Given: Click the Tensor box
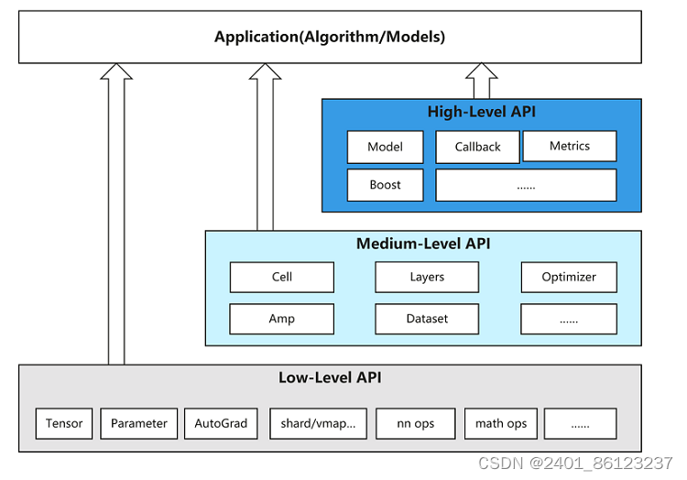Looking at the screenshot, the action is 64,423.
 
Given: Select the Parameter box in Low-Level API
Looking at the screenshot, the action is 139,423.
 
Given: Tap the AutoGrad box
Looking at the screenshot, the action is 221,423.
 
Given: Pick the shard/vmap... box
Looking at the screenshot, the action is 318,423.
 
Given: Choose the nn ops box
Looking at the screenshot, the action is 415,423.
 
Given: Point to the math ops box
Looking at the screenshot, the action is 501,423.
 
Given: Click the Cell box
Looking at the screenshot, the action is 282,278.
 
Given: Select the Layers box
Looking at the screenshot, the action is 427,278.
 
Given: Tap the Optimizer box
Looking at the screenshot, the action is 569,278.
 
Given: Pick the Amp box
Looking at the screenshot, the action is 282,319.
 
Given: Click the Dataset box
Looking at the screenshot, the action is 427,319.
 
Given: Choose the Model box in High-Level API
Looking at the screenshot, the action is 385,147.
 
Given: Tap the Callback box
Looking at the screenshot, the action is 477,147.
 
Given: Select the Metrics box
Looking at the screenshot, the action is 570,146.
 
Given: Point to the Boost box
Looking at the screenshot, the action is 385,185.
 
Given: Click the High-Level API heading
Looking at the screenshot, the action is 482,112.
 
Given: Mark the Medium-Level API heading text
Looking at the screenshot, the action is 423,244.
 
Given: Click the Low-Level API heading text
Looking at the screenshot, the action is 330,377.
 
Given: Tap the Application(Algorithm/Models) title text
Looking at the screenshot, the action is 330,37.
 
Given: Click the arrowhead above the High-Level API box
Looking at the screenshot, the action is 482,71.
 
